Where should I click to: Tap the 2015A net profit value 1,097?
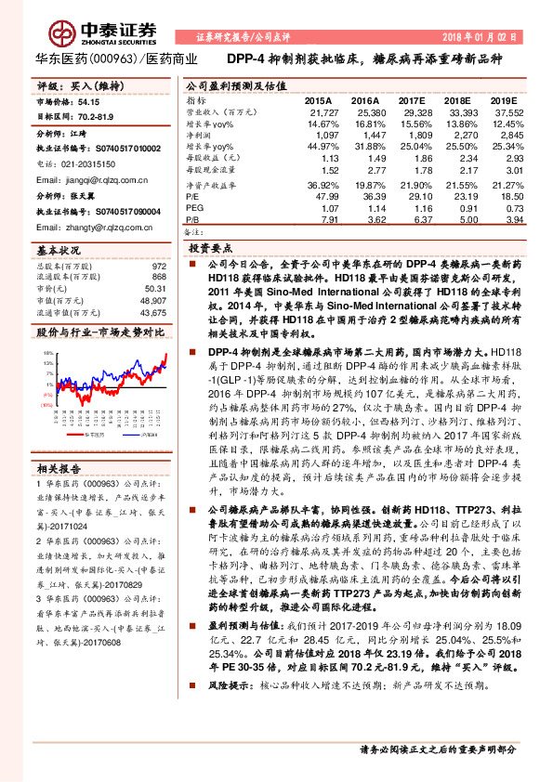[x=319, y=137]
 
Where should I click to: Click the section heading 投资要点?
[x=210, y=249]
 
